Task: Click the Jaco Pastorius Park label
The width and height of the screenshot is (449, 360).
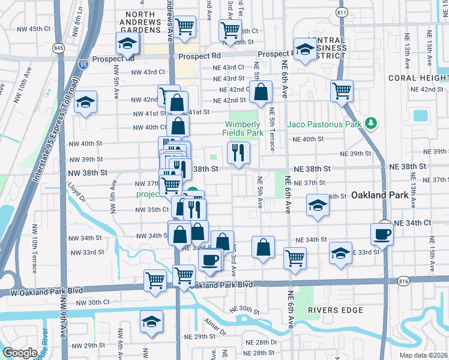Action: tap(325, 124)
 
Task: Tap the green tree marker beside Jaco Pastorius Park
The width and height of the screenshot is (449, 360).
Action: tap(372, 124)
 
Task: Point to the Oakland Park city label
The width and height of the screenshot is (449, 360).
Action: tap(380, 195)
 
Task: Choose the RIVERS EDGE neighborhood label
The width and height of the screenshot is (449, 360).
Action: tap(336, 310)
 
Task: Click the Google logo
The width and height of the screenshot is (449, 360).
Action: tap(20, 353)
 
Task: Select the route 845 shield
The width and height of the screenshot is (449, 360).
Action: tap(58, 47)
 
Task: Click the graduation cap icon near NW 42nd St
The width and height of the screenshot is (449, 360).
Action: tap(86, 103)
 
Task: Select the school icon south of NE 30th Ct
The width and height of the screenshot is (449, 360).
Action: tap(151, 322)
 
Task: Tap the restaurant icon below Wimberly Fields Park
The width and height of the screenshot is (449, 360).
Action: tap(239, 154)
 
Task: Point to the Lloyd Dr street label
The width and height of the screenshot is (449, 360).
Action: tap(77, 191)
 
